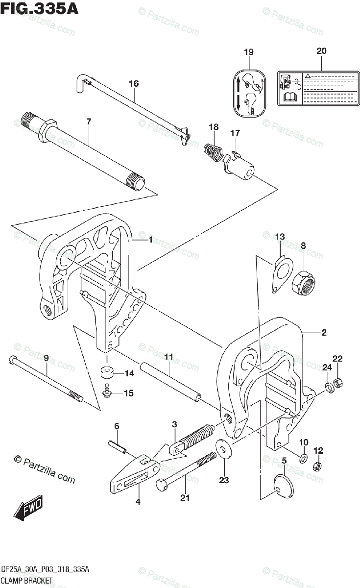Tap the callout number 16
(134, 84)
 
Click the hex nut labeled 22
(337, 382)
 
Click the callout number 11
(168, 358)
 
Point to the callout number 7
(88, 121)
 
